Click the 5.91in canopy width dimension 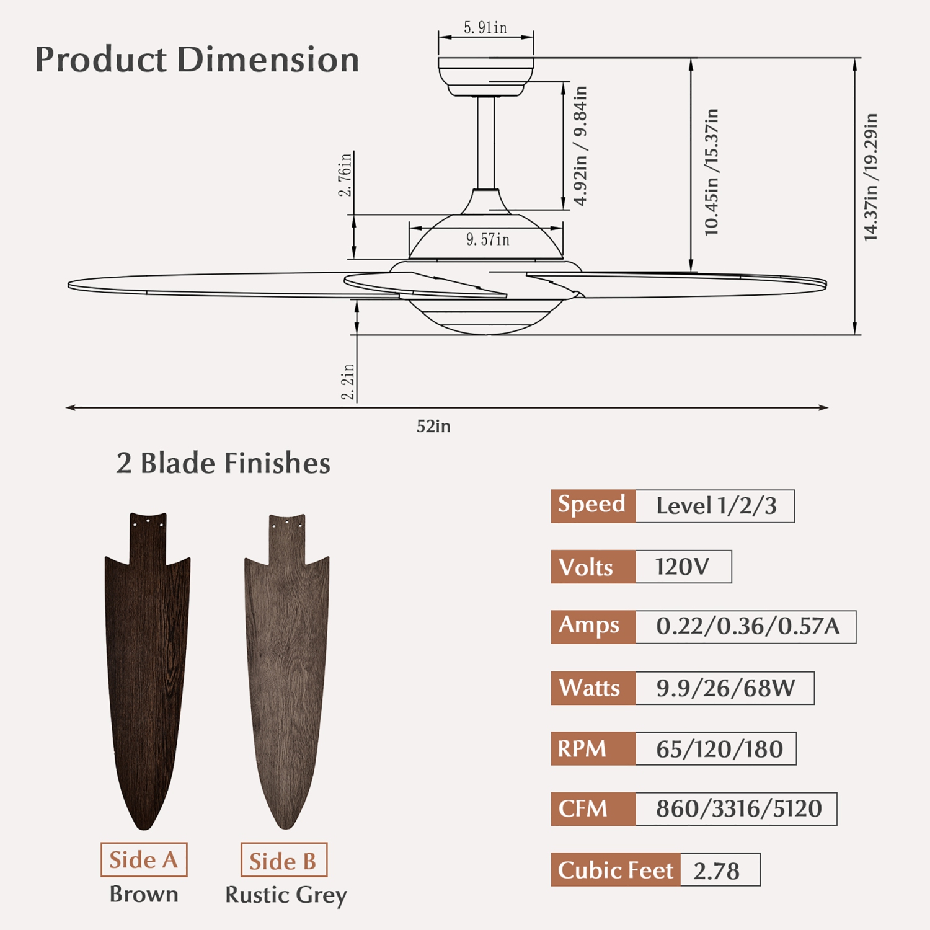[485, 28]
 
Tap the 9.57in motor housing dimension [487, 239]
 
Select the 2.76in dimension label [345, 174]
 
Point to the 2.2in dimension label [348, 381]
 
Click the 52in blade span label [433, 427]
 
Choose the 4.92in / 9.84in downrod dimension [580, 146]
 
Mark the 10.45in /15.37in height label [712, 172]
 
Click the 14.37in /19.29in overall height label [870, 177]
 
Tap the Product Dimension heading [197, 60]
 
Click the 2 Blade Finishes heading [223, 463]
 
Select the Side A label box [144, 859]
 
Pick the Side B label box [283, 860]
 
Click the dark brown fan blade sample [147, 670]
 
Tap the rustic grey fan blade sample [286, 670]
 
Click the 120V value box [683, 567]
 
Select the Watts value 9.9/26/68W [725, 688]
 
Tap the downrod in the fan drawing [486, 143]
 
